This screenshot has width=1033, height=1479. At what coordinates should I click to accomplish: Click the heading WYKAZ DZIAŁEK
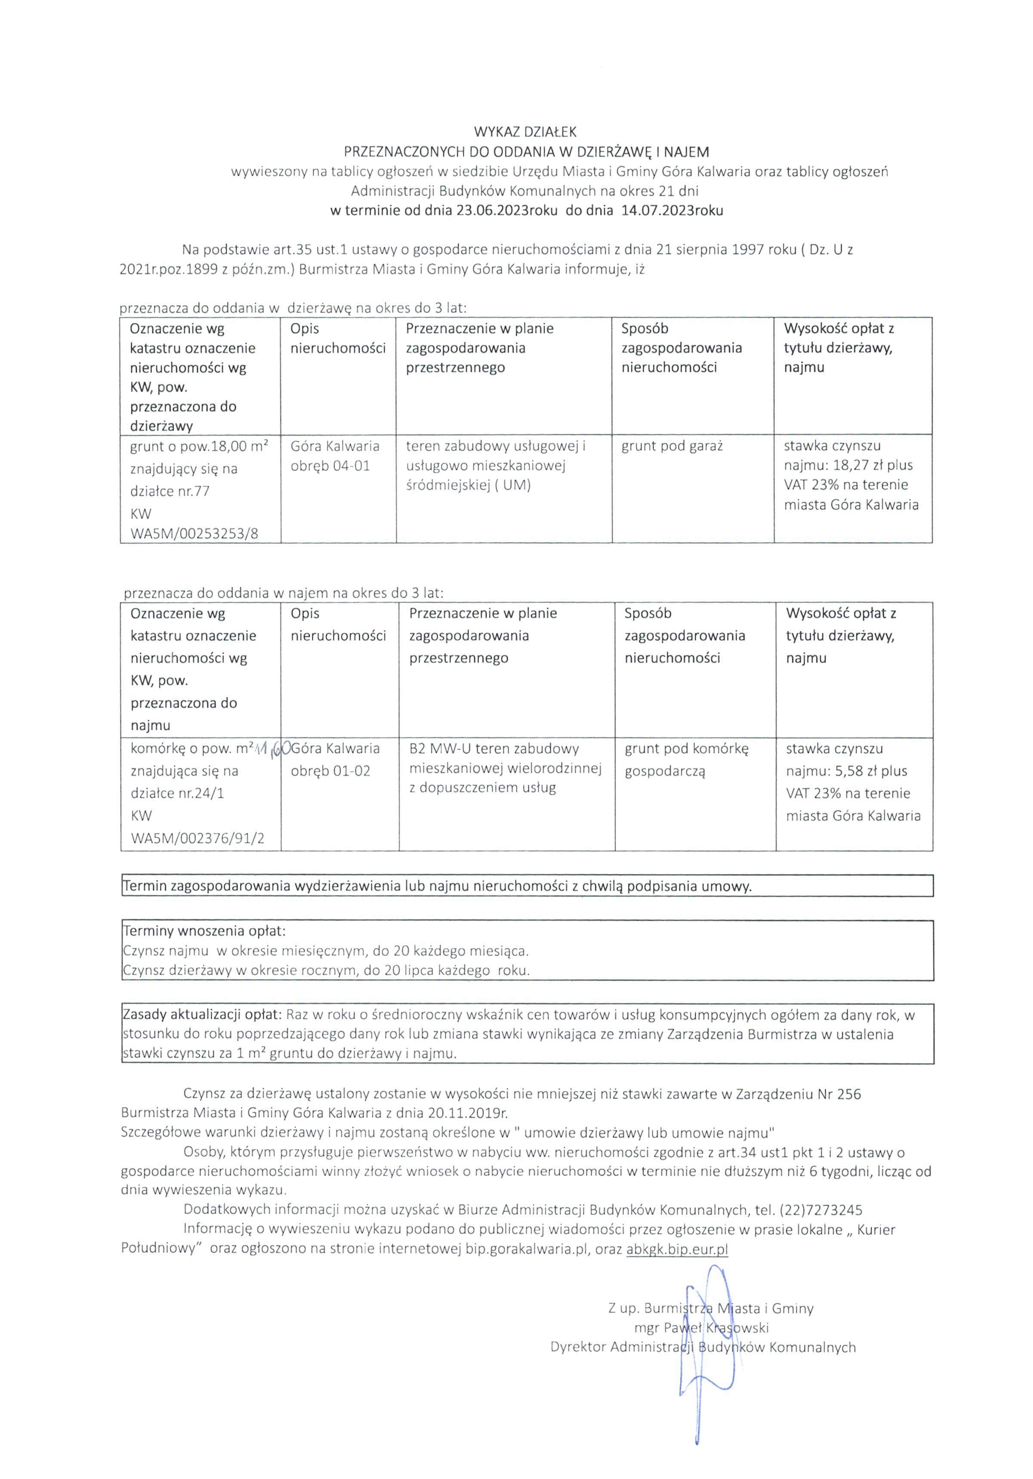(x=525, y=132)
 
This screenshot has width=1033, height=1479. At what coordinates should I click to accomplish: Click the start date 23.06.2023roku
(x=506, y=211)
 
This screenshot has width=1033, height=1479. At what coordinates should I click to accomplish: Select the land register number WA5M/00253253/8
(x=194, y=534)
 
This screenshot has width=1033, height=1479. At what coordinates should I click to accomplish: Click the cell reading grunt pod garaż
(x=672, y=446)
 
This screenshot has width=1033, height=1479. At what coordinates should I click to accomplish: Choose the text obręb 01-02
(x=330, y=771)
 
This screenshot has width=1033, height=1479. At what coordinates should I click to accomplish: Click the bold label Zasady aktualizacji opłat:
(x=202, y=1015)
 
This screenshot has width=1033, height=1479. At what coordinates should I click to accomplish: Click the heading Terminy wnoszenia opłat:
(x=204, y=931)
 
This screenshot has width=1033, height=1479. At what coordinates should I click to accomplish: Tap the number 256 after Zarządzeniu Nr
(x=849, y=1093)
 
